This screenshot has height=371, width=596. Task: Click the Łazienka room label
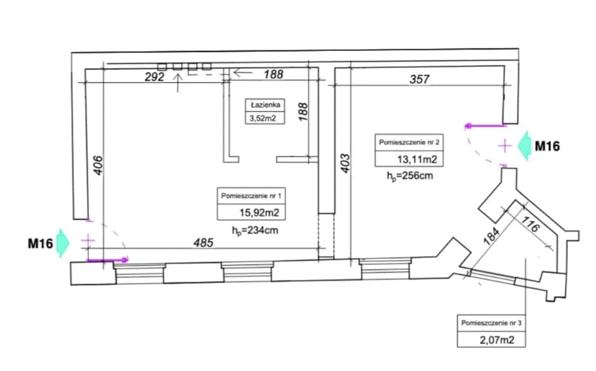(x=265, y=105)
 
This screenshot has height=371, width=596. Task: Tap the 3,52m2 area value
(x=263, y=118)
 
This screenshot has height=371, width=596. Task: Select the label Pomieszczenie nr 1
(x=251, y=196)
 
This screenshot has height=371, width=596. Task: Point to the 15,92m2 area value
(x=259, y=212)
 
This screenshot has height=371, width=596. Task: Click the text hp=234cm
(x=255, y=231)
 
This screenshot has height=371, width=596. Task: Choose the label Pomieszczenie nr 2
(x=409, y=142)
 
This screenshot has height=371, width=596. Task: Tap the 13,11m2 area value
(x=417, y=159)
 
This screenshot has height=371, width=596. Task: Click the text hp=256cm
(x=410, y=176)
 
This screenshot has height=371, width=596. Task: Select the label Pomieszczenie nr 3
(x=491, y=323)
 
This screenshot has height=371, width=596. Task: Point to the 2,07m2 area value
(x=497, y=340)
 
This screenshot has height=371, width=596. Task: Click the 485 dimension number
(x=203, y=243)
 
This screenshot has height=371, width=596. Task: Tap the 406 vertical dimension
(x=98, y=165)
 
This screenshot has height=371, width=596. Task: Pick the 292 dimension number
(x=155, y=77)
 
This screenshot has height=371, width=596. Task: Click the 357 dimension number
(x=420, y=79)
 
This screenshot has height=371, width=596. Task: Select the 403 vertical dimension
(x=345, y=163)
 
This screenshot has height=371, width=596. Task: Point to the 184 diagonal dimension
(x=491, y=236)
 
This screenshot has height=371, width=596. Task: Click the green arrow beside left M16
(x=63, y=243)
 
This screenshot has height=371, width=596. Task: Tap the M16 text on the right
(x=547, y=146)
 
